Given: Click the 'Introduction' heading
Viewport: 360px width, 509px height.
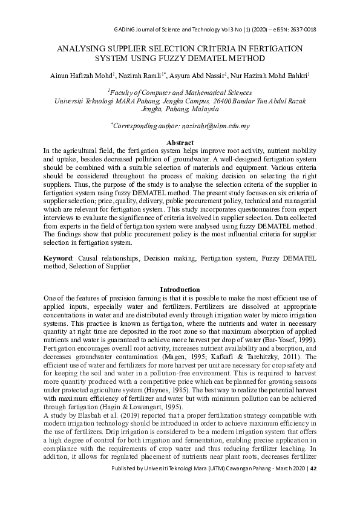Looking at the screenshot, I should coord(180,290).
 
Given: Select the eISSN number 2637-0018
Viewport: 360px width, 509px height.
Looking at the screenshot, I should coord(301,30).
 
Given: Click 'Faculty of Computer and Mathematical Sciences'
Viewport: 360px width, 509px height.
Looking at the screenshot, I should coord(180,92).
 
